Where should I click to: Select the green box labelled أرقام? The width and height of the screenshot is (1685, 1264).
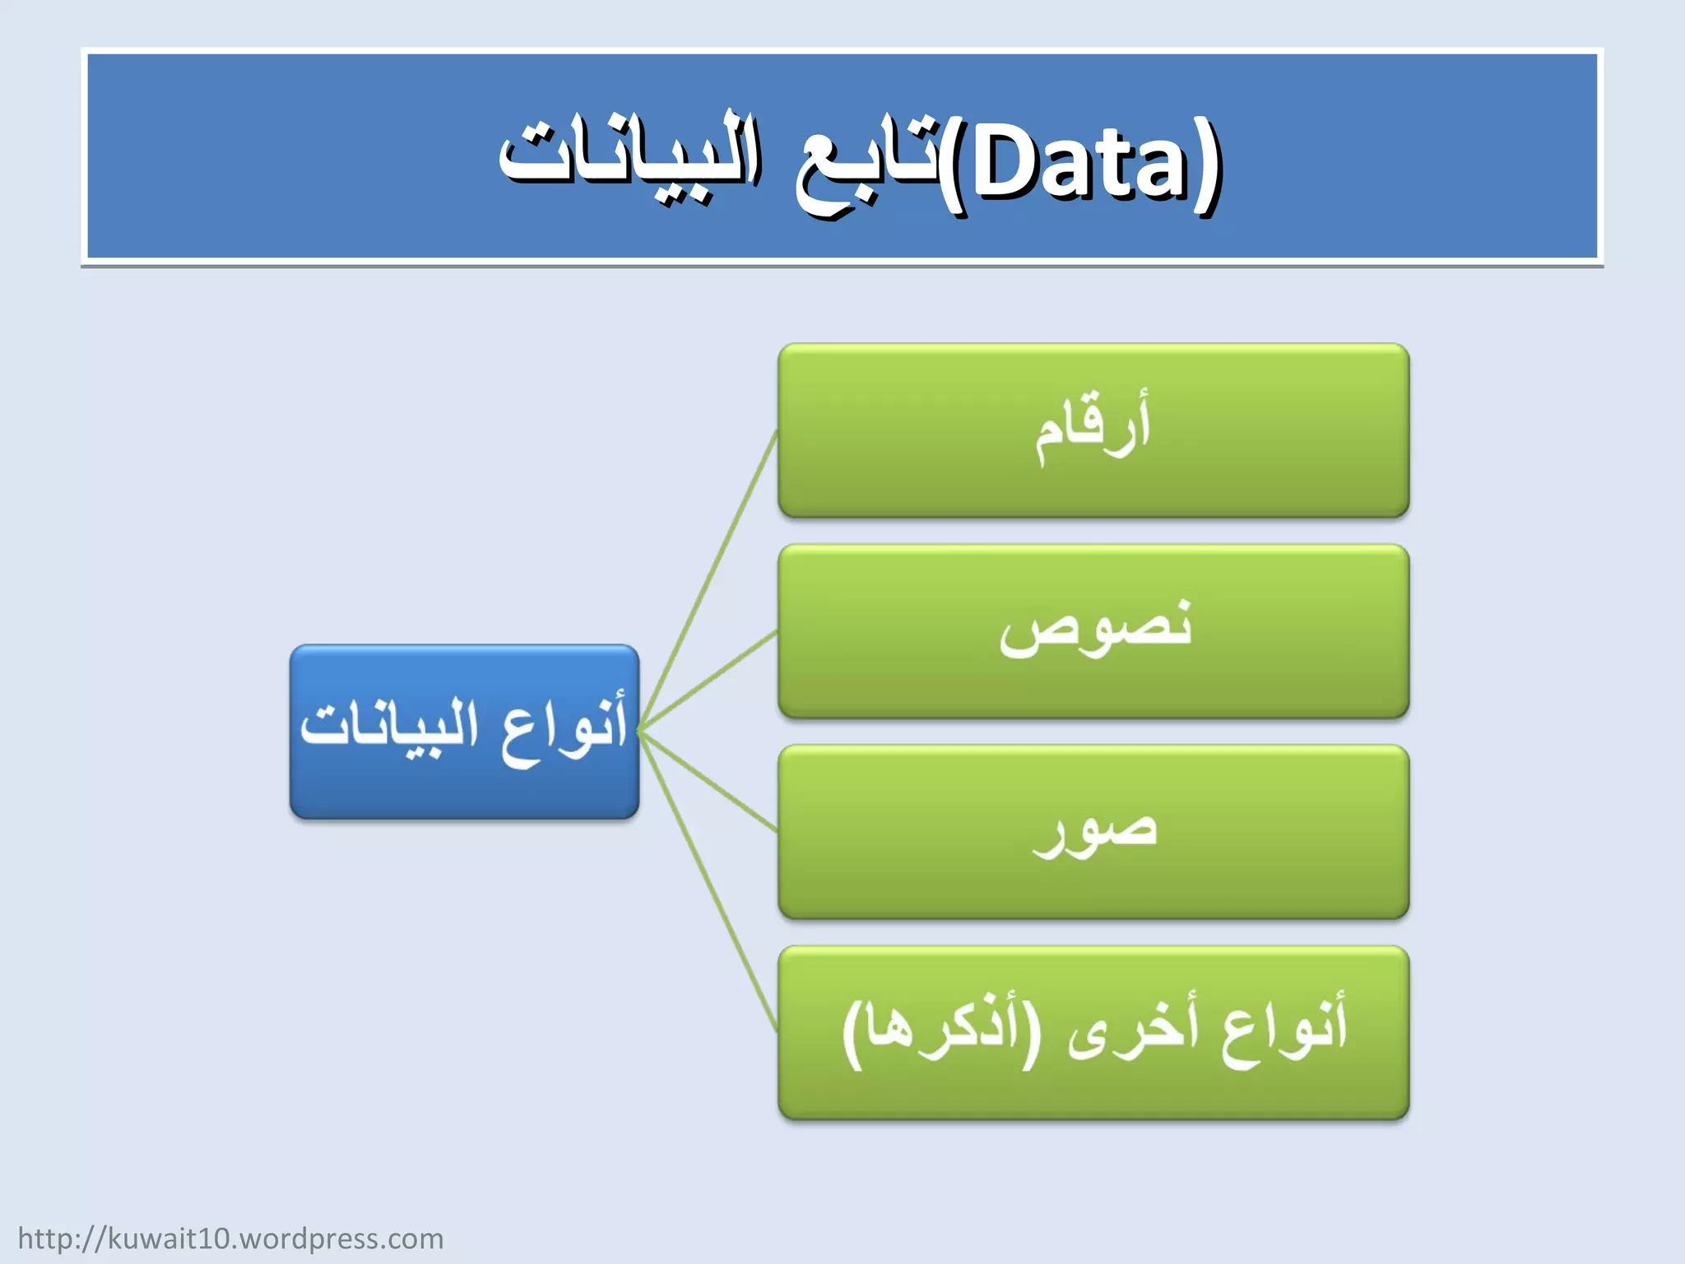click(x=1093, y=430)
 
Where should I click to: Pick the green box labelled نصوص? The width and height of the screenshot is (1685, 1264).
click(x=1093, y=631)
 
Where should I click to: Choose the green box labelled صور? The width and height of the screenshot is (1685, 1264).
click(x=1093, y=832)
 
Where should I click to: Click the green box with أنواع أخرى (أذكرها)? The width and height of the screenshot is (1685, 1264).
click(x=1093, y=1033)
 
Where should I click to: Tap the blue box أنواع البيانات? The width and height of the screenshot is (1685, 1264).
click(x=464, y=732)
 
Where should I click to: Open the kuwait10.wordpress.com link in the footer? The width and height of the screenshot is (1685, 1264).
click(x=230, y=1238)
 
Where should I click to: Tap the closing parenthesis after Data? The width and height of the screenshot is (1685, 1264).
click(x=1208, y=168)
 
